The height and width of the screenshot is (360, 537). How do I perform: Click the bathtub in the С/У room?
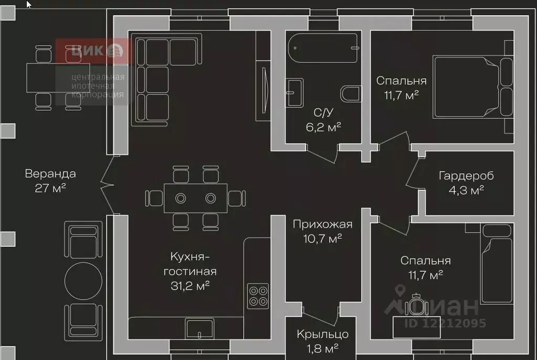tap(323, 48)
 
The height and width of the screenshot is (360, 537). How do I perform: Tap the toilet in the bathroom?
tap(350, 93)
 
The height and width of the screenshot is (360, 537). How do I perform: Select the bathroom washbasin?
tap(294, 92)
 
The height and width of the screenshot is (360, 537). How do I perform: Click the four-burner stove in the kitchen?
tap(258, 296)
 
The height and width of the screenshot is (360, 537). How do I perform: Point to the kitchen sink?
tap(199, 329)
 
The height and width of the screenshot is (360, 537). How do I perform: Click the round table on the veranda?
tap(83, 281)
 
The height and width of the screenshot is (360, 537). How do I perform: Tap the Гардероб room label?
tap(466, 176)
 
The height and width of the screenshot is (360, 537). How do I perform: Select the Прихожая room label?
tap(322, 225)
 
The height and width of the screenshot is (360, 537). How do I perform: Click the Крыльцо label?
tap(322, 334)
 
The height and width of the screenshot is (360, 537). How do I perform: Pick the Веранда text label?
tap(50, 174)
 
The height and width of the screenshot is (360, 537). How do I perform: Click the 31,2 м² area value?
tap(190, 285)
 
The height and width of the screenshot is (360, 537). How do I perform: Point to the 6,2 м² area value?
tap(323, 127)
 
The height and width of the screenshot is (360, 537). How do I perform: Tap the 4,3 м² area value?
tap(466, 190)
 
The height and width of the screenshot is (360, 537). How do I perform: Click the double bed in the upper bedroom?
tap(472, 87)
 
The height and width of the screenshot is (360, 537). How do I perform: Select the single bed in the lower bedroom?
tap(496, 264)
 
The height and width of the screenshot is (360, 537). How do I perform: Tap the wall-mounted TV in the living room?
tap(265, 90)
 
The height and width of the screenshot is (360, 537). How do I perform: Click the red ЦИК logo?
tap(93, 51)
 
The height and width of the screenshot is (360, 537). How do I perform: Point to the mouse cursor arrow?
tap(29, 4)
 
